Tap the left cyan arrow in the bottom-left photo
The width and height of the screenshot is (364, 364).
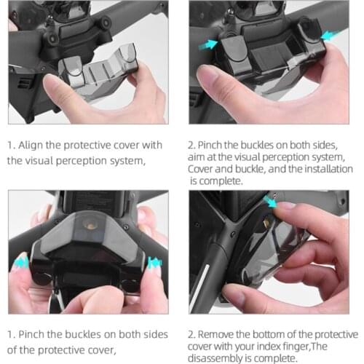23,263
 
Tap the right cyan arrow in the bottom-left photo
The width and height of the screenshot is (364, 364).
154,262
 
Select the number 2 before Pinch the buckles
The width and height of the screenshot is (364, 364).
193,143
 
